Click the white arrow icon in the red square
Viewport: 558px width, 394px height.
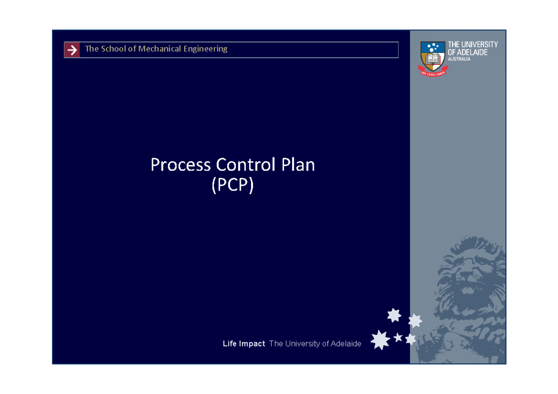pyautogui.click(x=72, y=50)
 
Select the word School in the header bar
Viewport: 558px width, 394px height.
pyautogui.click(x=112, y=49)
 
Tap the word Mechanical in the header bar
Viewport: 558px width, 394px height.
pyautogui.click(x=159, y=49)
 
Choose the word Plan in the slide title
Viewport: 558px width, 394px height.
pyautogui.click(x=298, y=165)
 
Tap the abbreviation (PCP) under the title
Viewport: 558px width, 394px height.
pyautogui.click(x=232, y=185)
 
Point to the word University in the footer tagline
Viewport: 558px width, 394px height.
pyautogui.click(x=301, y=344)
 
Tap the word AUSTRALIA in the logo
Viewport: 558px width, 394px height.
pyautogui.click(x=459, y=59)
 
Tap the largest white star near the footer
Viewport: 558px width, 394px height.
pyautogui.click(x=380, y=340)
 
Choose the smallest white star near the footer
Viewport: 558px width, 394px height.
pyautogui.click(x=398, y=337)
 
